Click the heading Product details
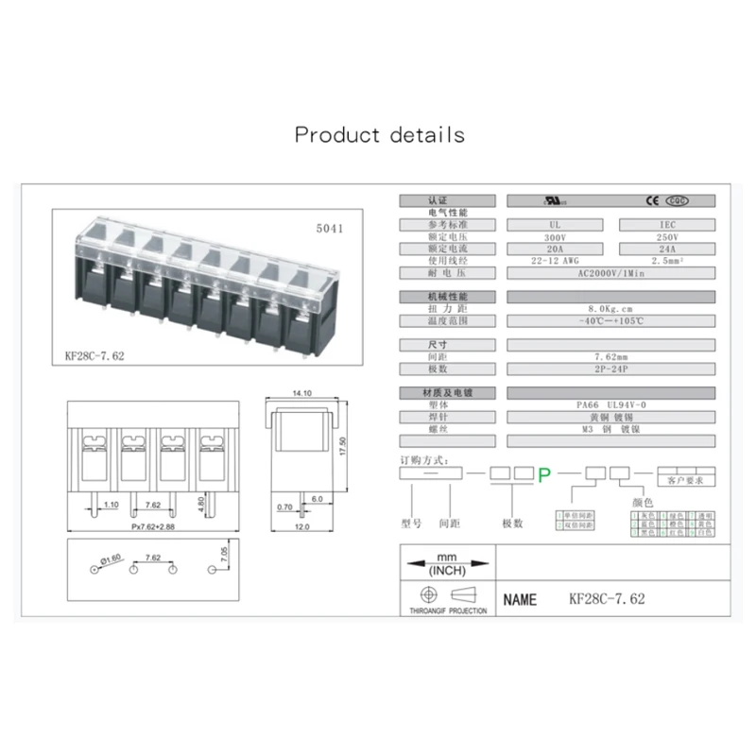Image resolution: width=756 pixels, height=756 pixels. coord(379,134)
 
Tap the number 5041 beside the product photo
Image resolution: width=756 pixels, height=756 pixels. coord(330,229)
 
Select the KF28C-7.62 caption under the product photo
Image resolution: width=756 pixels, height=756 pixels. coord(94,356)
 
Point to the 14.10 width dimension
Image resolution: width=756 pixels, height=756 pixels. coord(302,392)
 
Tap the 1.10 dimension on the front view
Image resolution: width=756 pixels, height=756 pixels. coord(111,506)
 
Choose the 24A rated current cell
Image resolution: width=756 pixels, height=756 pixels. coord(667,248)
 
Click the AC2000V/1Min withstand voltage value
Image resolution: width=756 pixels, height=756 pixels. coord(610,272)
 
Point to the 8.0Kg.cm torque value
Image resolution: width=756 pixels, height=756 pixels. coord(610,309)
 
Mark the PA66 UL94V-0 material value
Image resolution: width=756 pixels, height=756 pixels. coord(610,404)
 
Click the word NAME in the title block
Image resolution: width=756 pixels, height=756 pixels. coord(520,600)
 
